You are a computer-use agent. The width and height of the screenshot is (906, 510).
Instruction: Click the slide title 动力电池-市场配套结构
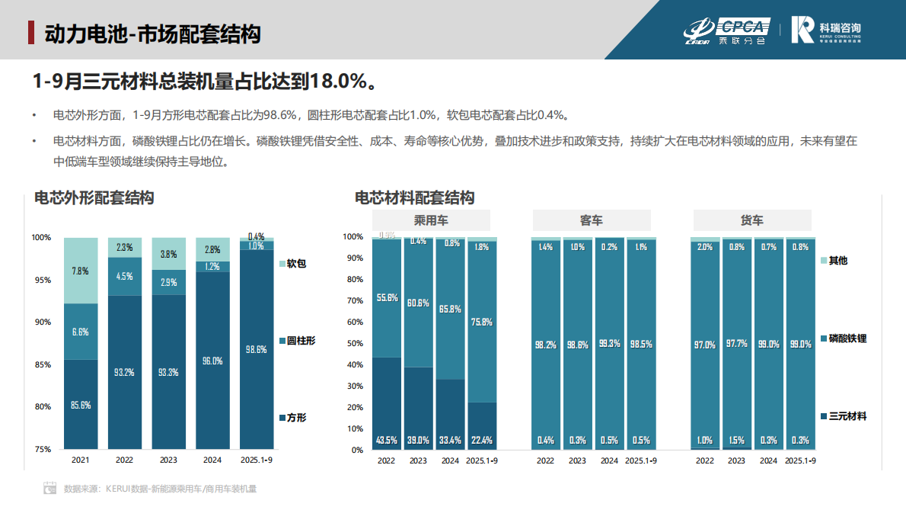coord(152,34)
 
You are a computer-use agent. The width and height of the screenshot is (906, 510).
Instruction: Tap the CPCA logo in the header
coord(726,30)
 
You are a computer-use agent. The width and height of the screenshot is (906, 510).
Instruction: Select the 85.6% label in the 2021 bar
coord(80,406)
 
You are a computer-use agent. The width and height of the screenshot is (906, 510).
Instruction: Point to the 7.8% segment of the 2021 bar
coord(80,271)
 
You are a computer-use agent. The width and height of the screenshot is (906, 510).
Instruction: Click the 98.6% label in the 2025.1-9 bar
coord(257,350)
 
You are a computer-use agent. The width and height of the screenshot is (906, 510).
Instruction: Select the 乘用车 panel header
coord(431,220)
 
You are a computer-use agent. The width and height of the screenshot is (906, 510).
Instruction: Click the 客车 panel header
coord(591,220)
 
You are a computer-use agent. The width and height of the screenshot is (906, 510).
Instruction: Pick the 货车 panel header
coord(751,220)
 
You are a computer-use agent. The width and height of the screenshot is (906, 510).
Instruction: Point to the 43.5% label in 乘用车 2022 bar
coord(387,441)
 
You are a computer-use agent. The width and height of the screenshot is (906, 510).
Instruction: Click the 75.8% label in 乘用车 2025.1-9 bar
coord(481,322)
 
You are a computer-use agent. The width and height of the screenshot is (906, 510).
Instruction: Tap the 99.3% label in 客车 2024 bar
coord(609,345)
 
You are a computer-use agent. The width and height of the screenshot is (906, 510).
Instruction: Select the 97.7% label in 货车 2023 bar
coord(737,345)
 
